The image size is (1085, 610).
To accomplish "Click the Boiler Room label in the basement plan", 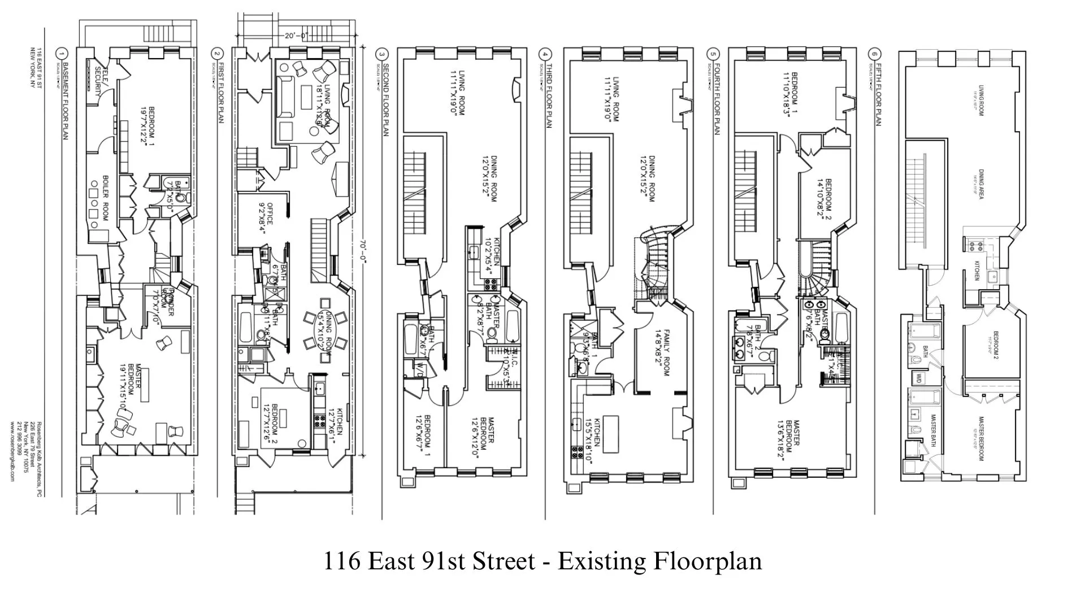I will click(x=105, y=198).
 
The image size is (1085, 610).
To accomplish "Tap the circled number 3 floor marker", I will click(x=382, y=55).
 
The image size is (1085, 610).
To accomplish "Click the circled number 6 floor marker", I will click(x=875, y=55).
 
